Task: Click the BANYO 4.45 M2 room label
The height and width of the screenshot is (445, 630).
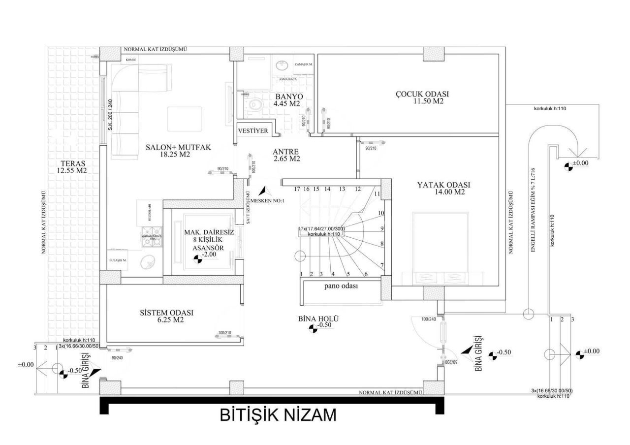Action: tap(288, 100)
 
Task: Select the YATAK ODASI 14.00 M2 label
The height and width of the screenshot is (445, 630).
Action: tap(443, 189)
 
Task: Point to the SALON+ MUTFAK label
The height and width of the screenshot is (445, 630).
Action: tap(171, 151)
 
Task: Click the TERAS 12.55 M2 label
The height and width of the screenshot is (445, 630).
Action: tap(73, 167)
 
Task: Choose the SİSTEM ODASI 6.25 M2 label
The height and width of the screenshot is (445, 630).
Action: tap(166, 316)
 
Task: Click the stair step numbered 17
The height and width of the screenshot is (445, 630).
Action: tap(297, 189)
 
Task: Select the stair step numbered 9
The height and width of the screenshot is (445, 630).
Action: tap(382, 228)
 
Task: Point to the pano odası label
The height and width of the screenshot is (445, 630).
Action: tap(341, 286)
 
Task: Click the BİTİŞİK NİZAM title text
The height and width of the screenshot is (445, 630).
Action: tap(278, 415)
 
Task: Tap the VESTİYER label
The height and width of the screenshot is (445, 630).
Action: tap(252, 131)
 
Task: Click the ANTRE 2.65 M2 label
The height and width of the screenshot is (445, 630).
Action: tap(287, 155)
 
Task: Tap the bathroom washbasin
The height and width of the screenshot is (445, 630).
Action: tap(282, 65)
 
